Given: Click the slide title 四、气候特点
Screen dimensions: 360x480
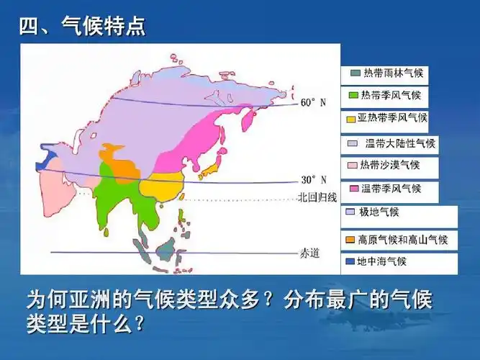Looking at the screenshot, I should click(x=82, y=27).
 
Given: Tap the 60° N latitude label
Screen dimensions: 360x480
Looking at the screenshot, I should click(x=313, y=103).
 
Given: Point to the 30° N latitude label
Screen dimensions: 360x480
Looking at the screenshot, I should click(x=313, y=179).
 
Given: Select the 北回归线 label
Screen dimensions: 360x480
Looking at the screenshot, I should click(x=317, y=197).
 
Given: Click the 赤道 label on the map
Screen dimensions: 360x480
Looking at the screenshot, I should click(x=309, y=253).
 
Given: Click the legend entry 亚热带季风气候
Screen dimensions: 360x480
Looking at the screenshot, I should click(x=394, y=117).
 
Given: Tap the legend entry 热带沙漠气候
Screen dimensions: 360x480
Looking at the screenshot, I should click(x=394, y=165).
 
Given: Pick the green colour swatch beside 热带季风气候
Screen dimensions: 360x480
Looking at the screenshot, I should click(x=354, y=95).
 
